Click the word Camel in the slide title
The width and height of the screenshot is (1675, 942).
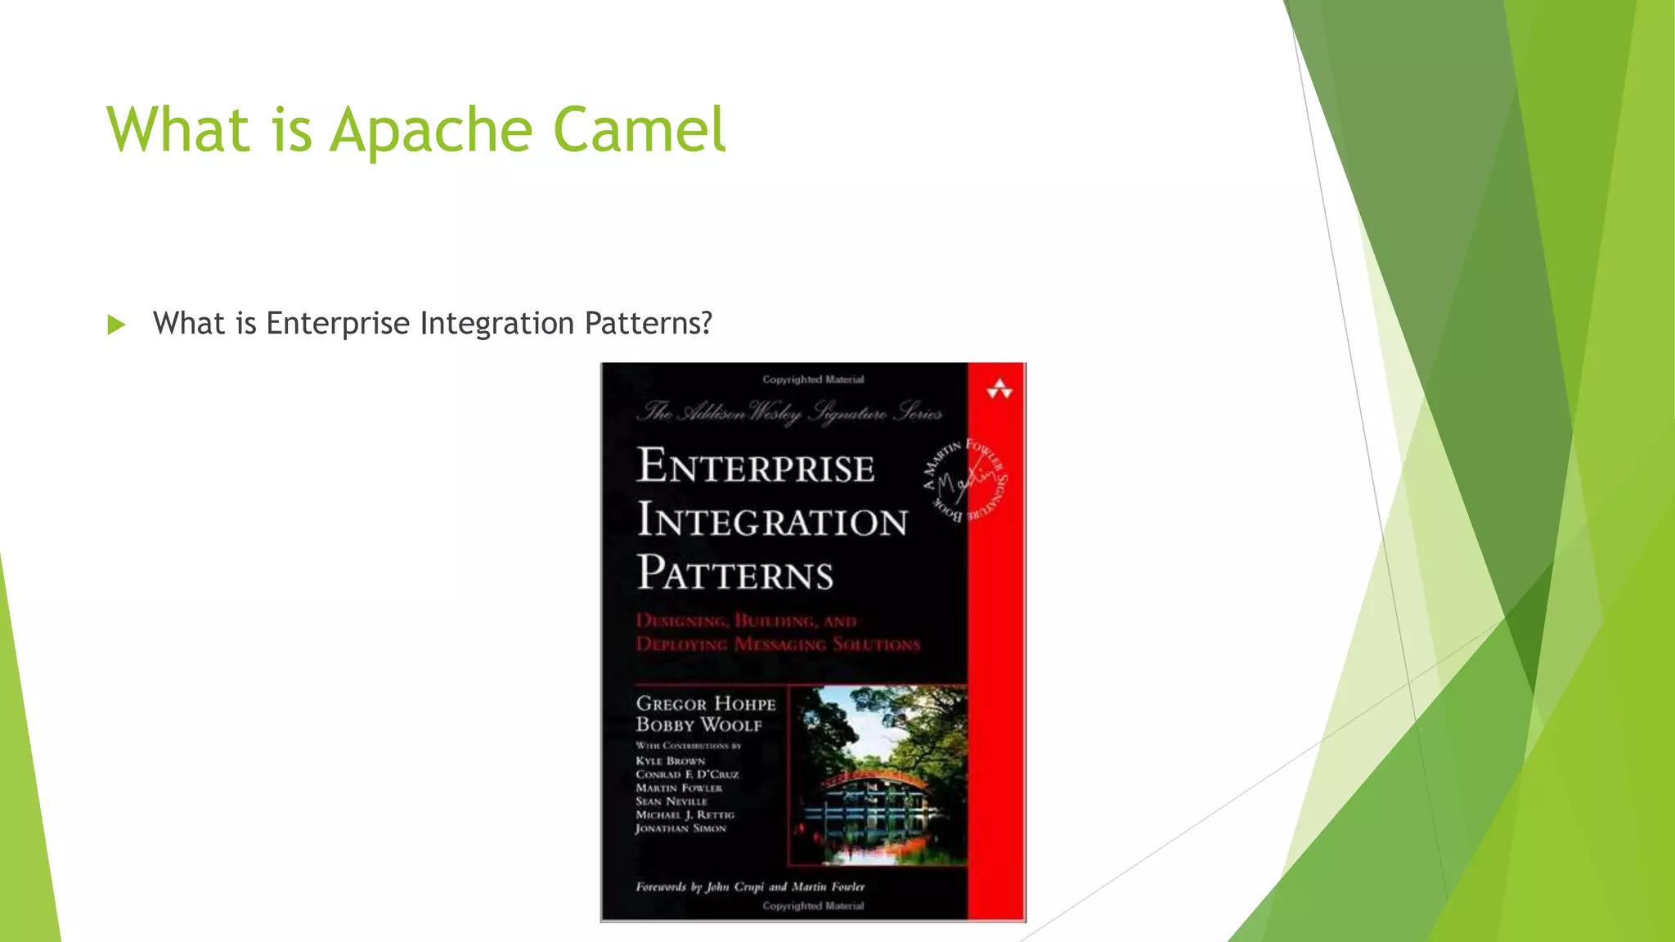click(639, 130)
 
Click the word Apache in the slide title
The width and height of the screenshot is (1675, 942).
click(432, 130)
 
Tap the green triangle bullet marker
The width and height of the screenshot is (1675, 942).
click(116, 325)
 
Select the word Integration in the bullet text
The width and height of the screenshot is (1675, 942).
click(497, 323)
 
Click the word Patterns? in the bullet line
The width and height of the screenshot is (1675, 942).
click(649, 323)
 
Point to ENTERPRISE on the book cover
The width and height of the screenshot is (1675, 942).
click(756, 466)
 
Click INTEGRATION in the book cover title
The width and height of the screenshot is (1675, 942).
click(772, 520)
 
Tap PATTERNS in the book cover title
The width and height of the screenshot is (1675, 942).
click(735, 573)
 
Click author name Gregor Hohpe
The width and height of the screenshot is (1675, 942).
click(706, 704)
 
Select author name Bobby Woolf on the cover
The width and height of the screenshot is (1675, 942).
click(698, 725)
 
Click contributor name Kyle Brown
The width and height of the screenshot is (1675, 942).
click(670, 760)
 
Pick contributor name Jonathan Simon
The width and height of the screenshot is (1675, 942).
click(680, 828)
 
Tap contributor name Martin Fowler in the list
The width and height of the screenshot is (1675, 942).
click(679, 788)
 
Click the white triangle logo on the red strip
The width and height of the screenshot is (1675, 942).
click(999, 390)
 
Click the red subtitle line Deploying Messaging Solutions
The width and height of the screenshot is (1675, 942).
click(778, 644)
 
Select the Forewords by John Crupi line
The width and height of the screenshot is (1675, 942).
click(749, 886)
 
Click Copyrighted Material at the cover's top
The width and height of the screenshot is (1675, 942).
click(813, 379)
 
